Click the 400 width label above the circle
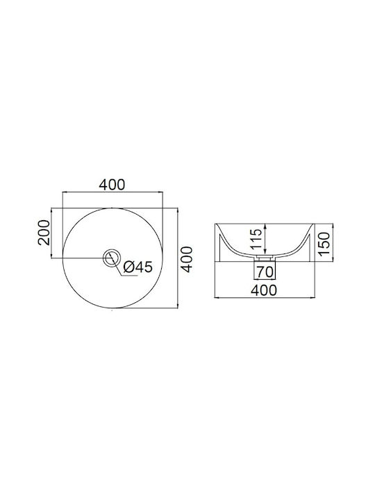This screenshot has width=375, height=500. coord(112,185)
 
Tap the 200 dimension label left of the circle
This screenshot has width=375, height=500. coord(44,233)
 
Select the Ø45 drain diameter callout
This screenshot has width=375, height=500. coord(137,267)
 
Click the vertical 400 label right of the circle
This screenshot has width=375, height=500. coord(187,259)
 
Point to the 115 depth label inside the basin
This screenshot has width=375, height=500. coord(256,238)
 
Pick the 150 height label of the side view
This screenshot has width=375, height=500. coord(324,244)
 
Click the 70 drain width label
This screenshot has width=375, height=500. coord(265,272)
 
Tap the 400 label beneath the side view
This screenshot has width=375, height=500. coord(264,290)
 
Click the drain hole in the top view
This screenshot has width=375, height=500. coord(112,258)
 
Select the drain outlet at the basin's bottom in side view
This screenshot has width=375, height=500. coord(265,256)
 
